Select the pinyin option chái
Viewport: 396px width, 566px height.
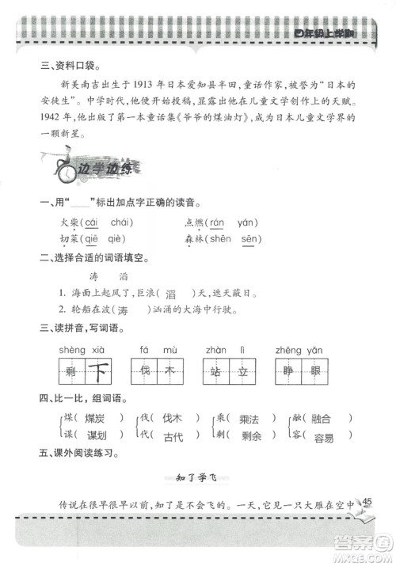[x=120, y=222]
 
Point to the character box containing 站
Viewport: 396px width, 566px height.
[x=214, y=370]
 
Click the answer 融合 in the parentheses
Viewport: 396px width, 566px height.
[x=323, y=418]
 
